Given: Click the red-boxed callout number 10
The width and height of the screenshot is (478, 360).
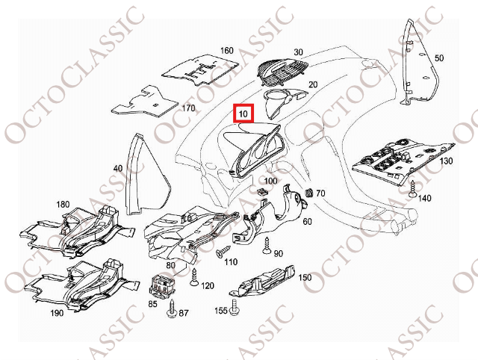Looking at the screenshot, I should [243, 114].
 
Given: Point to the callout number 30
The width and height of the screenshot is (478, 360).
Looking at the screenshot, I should [298, 52].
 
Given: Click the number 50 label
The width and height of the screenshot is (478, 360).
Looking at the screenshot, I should [438, 58].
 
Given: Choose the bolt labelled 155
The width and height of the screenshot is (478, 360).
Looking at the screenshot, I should [238, 306].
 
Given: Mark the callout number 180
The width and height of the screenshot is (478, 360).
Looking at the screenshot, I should [63, 204].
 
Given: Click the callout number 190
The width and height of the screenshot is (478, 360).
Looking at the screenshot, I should [57, 313].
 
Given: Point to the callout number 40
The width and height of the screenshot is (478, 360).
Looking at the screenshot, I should [118, 169].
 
